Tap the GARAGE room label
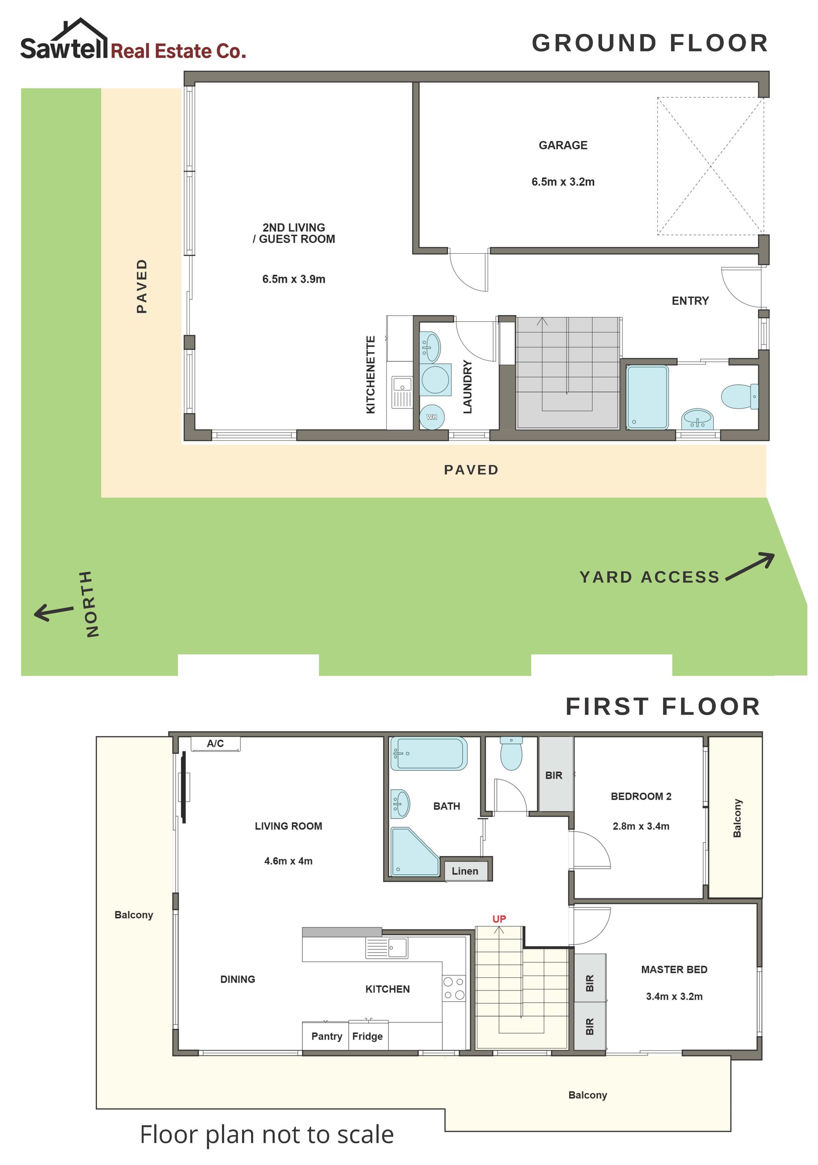[x=563, y=145]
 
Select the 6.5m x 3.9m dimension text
[x=294, y=279]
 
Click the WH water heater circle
[x=431, y=417]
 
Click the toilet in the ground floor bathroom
[x=739, y=396]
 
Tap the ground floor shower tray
[x=647, y=397]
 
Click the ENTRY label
[x=690, y=301]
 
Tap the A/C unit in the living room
[x=216, y=744]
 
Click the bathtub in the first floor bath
[x=429, y=754]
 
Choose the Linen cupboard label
[x=465, y=871]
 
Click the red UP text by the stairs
[x=499, y=919]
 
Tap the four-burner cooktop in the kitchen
[x=454, y=989]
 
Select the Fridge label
[x=368, y=1036]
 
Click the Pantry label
[x=327, y=1036]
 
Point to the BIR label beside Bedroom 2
[x=554, y=775]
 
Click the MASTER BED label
[x=674, y=970]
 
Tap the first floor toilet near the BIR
[x=511, y=754]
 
